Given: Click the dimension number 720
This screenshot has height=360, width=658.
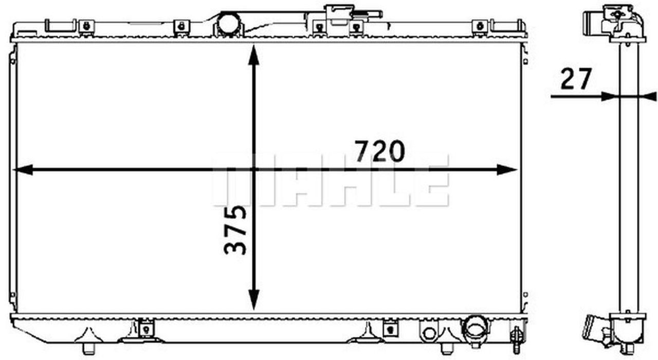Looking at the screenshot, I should click(380, 151).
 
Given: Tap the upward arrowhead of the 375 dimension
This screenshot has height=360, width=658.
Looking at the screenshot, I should click(253, 55).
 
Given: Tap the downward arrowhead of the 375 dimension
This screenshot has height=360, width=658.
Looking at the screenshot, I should click(253, 300).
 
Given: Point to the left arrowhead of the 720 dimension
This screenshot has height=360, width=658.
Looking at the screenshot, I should click(23, 170).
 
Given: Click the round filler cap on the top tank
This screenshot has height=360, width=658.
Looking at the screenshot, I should click(228, 24).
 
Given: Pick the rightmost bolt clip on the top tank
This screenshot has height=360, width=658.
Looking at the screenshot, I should click(480, 26).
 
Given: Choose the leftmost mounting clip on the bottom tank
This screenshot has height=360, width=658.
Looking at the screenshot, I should click(147, 328).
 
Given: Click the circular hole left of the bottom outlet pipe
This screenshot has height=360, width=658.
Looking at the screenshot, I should click(429, 333).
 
